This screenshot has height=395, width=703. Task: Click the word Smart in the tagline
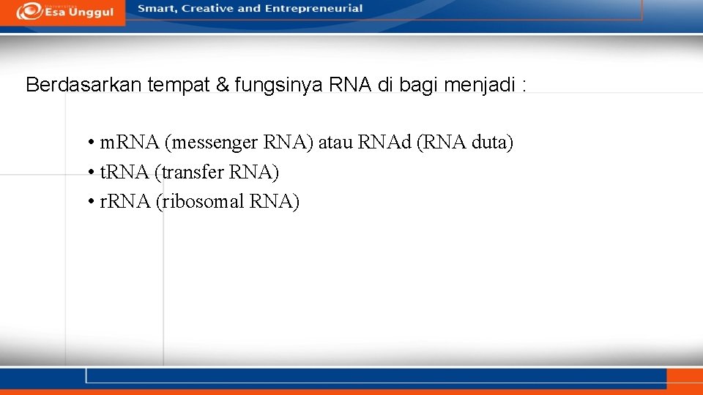tap(156, 9)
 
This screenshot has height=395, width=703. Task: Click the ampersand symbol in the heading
tap(223, 85)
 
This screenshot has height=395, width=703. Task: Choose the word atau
tap(335, 142)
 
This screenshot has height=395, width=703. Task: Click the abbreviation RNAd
tap(384, 142)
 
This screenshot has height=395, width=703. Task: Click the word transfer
tap(191, 172)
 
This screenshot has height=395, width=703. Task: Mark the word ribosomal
tap(202, 201)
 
